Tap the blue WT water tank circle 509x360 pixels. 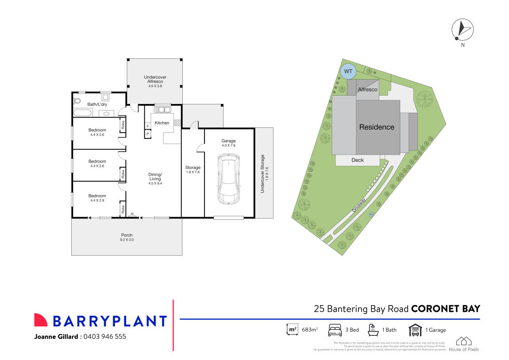tap(348, 71)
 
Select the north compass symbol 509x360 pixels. tap(462, 30)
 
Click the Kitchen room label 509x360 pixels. tap(162, 123)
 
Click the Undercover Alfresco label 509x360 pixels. tap(155, 80)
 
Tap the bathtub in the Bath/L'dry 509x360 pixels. tap(82, 113)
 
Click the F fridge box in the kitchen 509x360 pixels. tap(147, 126)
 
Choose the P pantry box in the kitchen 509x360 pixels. tap(147, 134)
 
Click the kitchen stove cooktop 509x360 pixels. tap(177, 123)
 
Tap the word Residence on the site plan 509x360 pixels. tap(376, 127)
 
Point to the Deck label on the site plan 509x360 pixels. tap(357, 160)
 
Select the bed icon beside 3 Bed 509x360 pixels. tap(335, 330)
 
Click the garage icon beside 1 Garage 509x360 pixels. tap(415, 330)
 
